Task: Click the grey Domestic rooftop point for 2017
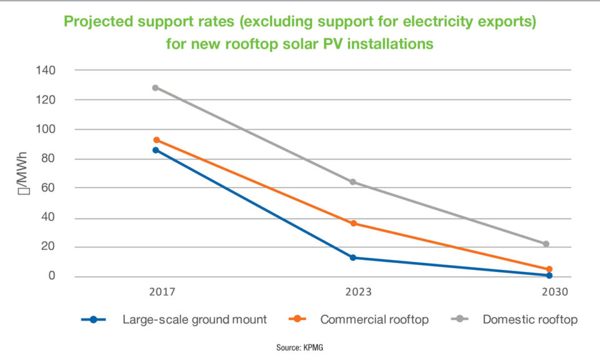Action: coord(155,87)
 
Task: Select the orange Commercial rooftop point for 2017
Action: coord(156,140)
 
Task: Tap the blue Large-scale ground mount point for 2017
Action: coord(155,150)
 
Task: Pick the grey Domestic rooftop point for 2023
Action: coord(353,182)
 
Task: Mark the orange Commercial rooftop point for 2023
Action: coord(353,223)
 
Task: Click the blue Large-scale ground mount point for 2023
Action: coord(353,257)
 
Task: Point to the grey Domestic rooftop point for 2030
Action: coord(546,244)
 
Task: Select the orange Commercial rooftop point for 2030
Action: coord(549,269)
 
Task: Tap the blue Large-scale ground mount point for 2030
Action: coord(549,276)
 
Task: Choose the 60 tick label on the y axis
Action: coord(49,188)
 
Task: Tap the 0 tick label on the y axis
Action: coord(52,276)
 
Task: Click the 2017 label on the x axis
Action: coord(162,292)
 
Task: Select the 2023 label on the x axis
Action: coord(358,292)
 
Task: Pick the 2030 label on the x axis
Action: coord(555,292)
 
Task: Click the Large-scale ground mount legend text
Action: coord(194,319)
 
